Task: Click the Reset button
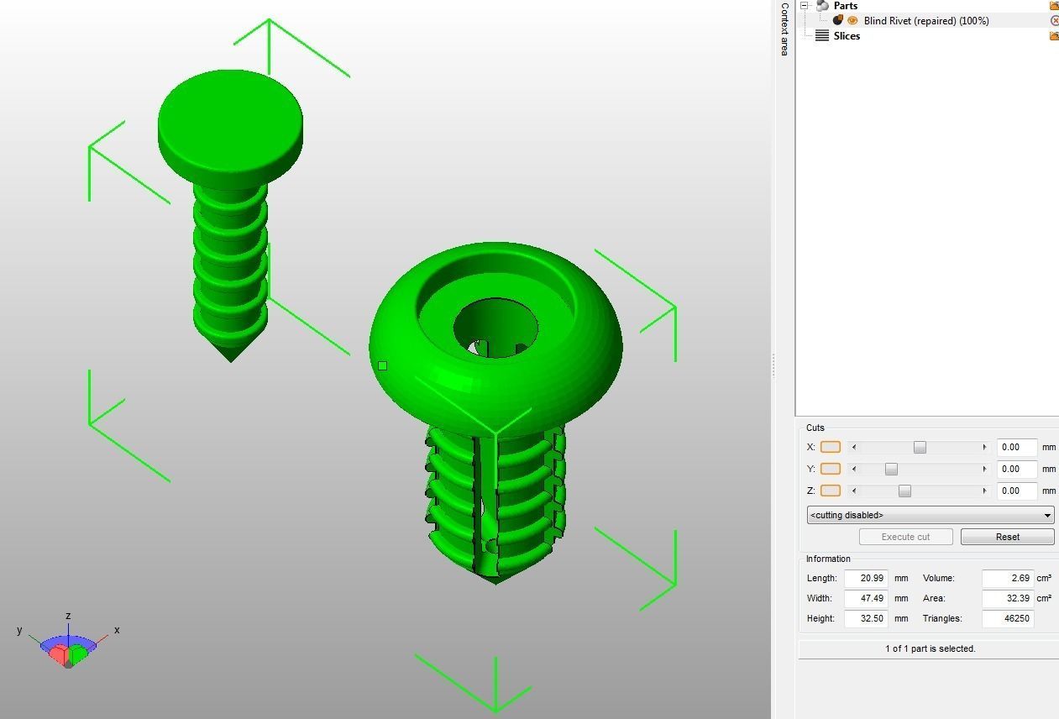coord(1007,537)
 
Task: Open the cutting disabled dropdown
coord(930,515)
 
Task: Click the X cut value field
coord(1016,448)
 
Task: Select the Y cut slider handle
coord(891,469)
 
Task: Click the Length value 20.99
coord(866,578)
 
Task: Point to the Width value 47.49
coord(866,598)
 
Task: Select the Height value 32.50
coord(866,618)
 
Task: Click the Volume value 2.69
coord(1007,578)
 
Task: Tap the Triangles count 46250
coord(1007,618)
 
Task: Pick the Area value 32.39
coord(1007,598)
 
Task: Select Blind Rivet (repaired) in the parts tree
coord(925,21)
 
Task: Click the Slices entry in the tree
coord(847,36)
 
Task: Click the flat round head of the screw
coord(229,113)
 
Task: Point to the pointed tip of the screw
coord(231,356)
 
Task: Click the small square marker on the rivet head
coord(383,365)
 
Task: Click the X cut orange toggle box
coord(830,448)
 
